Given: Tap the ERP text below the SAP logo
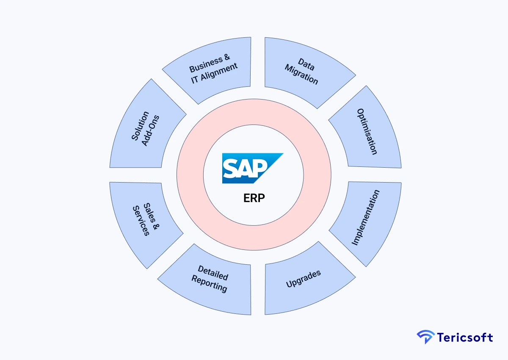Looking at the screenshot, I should click(254, 198).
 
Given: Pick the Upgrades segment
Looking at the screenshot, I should click(304, 278).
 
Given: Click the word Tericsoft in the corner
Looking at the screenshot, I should click(465, 338).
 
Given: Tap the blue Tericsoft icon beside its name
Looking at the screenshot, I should click(425, 337).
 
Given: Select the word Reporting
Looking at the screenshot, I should click(209, 283).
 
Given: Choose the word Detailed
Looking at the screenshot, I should click(213, 273).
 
